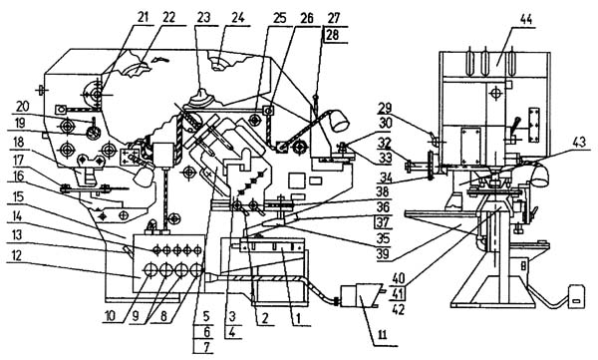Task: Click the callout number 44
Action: pos(526,19)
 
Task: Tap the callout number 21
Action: pos(143,18)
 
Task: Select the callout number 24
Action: pos(237,18)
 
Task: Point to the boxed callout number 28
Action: pos(332,35)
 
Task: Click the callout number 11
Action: pos(382,335)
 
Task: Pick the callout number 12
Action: pos(18,254)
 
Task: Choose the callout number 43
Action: pos(578,143)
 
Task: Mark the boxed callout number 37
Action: pos(383,221)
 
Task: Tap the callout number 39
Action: pos(383,253)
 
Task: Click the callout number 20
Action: pos(23,106)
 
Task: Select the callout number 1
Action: pos(299,317)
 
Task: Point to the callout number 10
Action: pos(115,317)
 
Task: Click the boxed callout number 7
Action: pos(206,347)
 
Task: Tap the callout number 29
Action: pos(385,109)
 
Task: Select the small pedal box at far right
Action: pos(576,295)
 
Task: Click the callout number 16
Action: pos(18,177)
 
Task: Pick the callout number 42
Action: pos(398,310)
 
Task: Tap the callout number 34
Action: pos(384,177)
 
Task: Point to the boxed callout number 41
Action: pos(398,294)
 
